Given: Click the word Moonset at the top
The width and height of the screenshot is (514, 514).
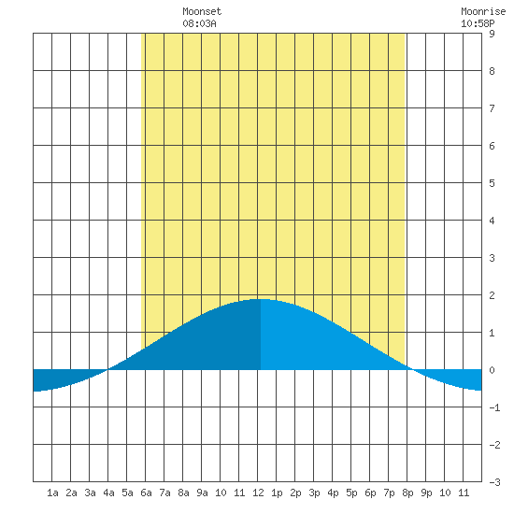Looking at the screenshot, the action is (202, 11).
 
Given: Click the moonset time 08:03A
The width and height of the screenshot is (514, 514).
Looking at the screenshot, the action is (199, 23).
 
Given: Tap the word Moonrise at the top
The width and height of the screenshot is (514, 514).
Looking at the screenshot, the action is (483, 11).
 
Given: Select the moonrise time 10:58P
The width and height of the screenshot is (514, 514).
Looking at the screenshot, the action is (478, 23).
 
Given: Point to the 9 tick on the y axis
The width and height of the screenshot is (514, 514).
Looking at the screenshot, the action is (492, 34).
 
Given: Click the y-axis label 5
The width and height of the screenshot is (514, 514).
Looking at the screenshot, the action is (492, 183).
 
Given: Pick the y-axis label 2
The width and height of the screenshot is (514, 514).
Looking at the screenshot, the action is (492, 295).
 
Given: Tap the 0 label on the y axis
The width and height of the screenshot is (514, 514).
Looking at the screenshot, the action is (492, 370).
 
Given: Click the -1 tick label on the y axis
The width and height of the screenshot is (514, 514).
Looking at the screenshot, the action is (494, 407).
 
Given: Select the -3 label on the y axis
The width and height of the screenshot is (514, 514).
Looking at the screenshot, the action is (494, 482).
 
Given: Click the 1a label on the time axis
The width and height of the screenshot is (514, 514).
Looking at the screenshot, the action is (52, 493).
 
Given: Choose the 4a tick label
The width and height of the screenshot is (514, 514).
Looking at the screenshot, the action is (108, 493).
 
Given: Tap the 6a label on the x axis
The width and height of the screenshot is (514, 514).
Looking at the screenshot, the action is (146, 493).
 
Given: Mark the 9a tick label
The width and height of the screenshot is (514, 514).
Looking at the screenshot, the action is (202, 493).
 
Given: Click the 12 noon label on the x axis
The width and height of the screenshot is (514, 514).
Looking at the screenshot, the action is (258, 493).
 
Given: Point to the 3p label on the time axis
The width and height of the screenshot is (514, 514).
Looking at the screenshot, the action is (314, 493).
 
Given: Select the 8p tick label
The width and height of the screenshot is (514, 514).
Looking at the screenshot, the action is (407, 493).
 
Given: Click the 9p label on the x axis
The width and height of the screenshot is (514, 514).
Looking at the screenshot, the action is (426, 493).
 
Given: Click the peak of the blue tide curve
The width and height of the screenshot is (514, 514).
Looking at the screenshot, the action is (262, 299).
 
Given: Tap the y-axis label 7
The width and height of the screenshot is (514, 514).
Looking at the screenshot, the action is (492, 108).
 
